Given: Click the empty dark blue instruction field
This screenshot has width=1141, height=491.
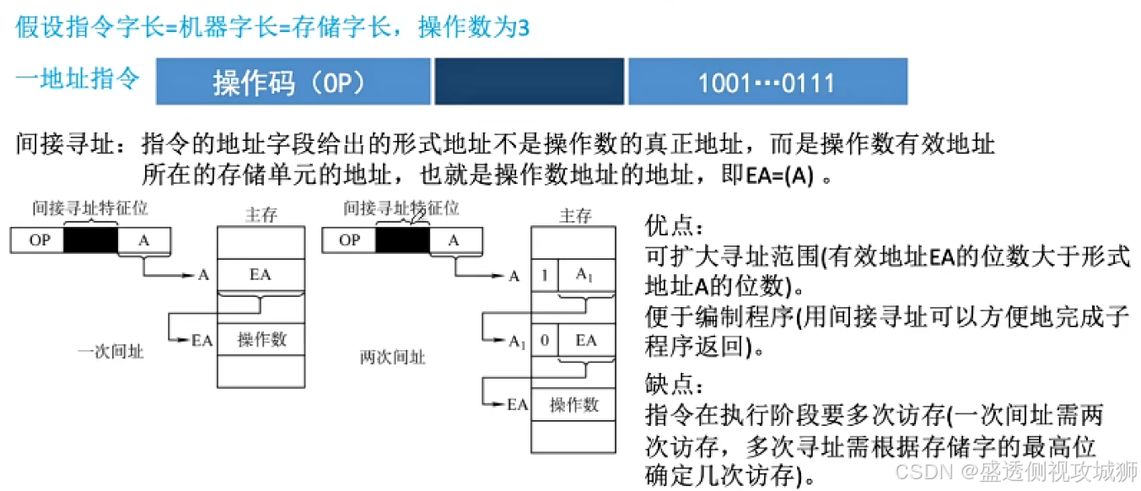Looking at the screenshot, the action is (x=529, y=82).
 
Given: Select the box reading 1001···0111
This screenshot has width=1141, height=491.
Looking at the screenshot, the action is (x=767, y=82).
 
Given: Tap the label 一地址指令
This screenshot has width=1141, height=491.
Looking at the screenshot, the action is (x=78, y=80).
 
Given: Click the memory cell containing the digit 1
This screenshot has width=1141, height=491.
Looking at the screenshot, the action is (x=544, y=275).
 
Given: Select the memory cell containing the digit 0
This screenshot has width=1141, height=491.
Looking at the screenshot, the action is (x=544, y=340).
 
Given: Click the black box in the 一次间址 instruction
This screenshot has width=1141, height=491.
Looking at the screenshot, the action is (x=90, y=240).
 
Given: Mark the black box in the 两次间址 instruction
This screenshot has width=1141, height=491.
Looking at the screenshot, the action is (x=402, y=240).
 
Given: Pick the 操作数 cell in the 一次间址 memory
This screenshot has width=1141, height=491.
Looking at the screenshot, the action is (x=261, y=339).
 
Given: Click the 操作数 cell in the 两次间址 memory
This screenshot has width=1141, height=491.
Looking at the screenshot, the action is (x=574, y=404).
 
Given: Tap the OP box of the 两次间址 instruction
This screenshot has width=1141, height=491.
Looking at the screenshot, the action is (x=349, y=240).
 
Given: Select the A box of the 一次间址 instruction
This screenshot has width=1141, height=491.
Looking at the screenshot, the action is (x=144, y=240).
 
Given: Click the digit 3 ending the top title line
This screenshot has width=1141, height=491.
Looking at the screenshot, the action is (x=523, y=28).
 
